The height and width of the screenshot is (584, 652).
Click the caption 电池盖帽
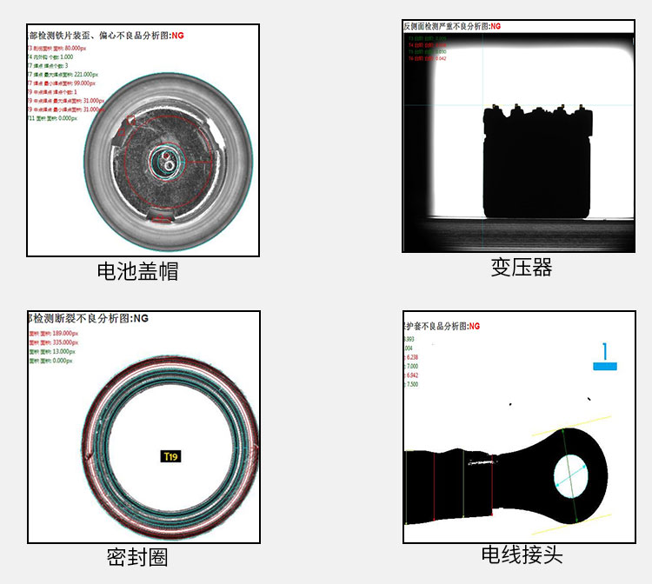(x=137, y=271)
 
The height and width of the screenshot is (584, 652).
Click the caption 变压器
(x=521, y=267)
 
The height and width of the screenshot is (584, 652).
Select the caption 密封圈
(x=137, y=557)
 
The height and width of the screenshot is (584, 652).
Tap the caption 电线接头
(x=521, y=554)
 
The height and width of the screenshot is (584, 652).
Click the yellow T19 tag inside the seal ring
(x=170, y=456)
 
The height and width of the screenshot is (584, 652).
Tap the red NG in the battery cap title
(x=178, y=36)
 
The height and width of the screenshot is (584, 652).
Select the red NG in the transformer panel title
(x=496, y=27)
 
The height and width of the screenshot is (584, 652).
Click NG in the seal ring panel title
(x=141, y=319)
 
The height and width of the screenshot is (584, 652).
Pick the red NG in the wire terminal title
(x=474, y=326)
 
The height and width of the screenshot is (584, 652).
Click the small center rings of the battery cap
(x=163, y=161)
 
